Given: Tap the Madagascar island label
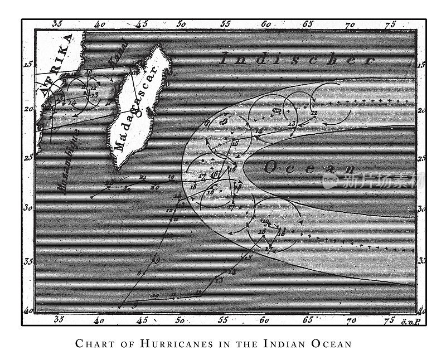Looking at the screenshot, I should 137,106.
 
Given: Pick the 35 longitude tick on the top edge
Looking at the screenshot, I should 57,24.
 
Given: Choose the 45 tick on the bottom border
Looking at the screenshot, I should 142,320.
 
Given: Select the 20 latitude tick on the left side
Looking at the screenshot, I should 27,108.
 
